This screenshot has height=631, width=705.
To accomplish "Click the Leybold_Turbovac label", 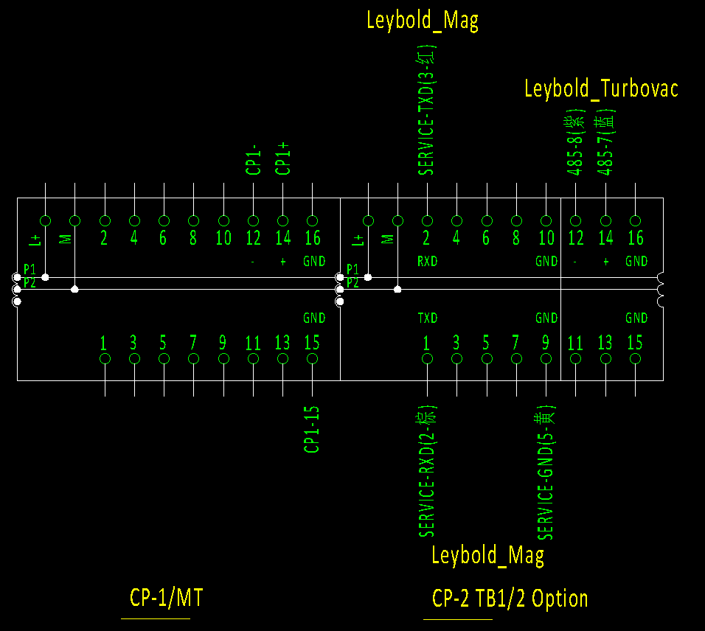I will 601,89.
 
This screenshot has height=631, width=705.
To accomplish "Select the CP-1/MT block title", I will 166,597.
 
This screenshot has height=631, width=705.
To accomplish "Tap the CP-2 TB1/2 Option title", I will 510,598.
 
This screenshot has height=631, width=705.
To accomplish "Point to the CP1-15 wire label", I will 312,429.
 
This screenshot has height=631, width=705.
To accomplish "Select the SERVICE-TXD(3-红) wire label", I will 427,111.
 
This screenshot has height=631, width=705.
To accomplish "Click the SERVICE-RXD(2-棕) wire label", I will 427,470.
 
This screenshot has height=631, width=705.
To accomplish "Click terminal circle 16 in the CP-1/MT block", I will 312,220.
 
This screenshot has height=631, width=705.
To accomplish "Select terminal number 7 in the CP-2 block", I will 515,343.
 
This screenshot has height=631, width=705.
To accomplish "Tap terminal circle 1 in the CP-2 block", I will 427,359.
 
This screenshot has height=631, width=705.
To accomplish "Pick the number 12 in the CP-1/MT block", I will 253,238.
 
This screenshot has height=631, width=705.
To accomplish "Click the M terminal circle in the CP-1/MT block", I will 74,220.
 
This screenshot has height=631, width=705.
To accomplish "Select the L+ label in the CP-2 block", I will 358,239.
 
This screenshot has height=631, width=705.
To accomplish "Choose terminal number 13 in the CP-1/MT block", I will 282,343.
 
